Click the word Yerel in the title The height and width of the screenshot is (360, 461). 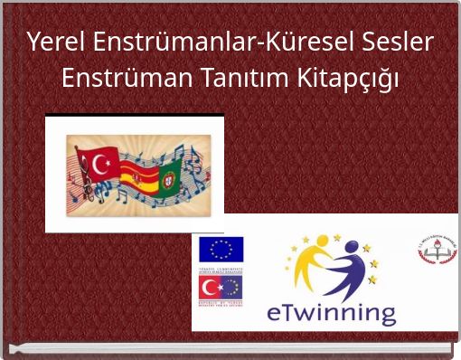(50, 43)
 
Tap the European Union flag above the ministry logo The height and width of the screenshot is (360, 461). (221, 249)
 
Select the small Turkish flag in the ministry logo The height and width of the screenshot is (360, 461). (211, 288)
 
